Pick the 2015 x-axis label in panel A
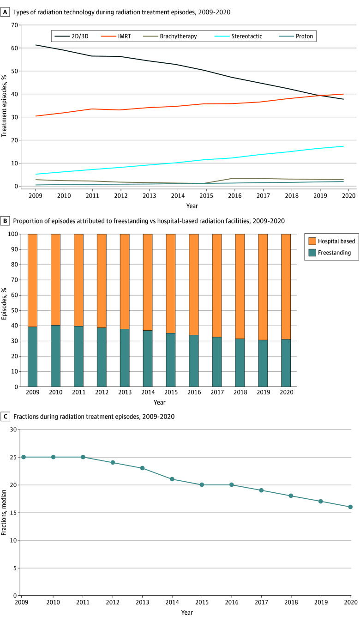[x=203, y=196]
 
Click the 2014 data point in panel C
[x=172, y=479]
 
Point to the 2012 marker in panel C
[x=113, y=462]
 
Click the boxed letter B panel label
[x=4, y=221]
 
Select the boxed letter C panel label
[x=4, y=416]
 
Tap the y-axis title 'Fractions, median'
[x=5, y=513]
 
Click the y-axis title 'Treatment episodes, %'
[x=5, y=106]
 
